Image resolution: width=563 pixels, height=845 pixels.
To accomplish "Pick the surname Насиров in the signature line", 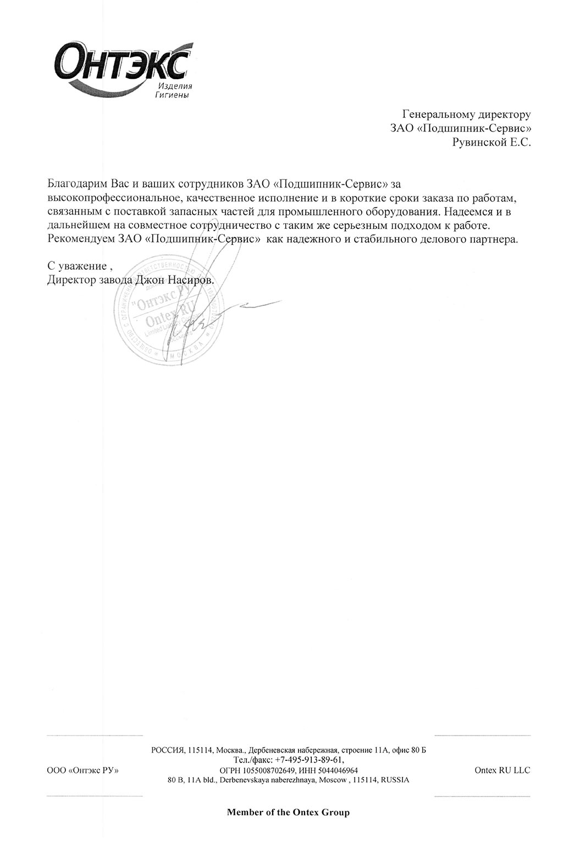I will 189,280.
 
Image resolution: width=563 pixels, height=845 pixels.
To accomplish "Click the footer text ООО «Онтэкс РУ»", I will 83,770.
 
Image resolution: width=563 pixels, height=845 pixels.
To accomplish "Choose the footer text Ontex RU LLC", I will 502,770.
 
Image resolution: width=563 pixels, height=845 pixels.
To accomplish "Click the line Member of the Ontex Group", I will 288,812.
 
